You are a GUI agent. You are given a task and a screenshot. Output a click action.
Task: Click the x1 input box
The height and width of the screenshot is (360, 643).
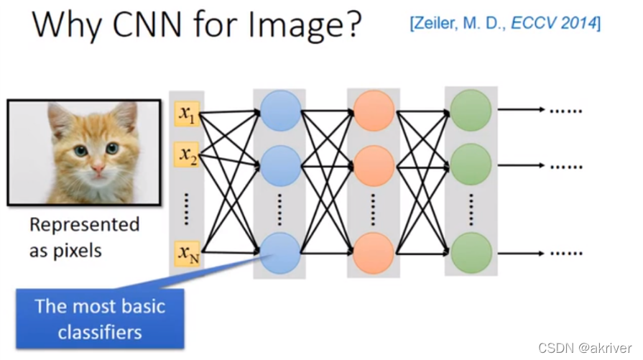click(x=188, y=114)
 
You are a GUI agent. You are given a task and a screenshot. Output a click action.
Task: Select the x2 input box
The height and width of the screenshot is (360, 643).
click(x=188, y=154)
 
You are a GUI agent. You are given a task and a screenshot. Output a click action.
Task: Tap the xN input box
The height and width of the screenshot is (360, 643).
click(x=188, y=252)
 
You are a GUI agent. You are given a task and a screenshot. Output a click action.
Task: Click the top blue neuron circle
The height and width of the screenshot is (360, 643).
click(x=280, y=111)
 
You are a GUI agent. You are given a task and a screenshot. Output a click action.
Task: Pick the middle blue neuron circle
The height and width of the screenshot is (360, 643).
click(x=280, y=165)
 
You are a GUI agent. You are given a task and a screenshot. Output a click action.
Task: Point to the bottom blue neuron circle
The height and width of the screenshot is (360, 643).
click(x=280, y=252)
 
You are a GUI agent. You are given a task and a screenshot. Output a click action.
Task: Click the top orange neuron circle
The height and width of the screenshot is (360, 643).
click(x=374, y=111)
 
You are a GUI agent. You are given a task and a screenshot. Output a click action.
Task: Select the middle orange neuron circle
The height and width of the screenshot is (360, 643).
click(x=374, y=166)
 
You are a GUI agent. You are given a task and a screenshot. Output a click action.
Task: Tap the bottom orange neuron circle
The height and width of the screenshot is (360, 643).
click(x=374, y=253)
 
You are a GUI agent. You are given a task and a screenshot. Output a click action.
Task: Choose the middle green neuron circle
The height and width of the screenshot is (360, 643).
click(x=471, y=165)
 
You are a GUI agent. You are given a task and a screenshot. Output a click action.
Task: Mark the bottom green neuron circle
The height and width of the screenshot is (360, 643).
click(x=471, y=253)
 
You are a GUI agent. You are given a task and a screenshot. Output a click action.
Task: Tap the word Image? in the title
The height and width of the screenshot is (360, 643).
click(x=310, y=26)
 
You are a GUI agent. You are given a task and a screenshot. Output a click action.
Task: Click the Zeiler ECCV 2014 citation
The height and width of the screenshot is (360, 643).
click(x=504, y=23)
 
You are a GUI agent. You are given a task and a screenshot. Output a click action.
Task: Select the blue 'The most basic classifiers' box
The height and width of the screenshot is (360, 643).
click(x=100, y=318)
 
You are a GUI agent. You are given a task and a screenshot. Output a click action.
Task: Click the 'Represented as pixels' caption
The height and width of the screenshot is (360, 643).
click(x=84, y=237)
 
